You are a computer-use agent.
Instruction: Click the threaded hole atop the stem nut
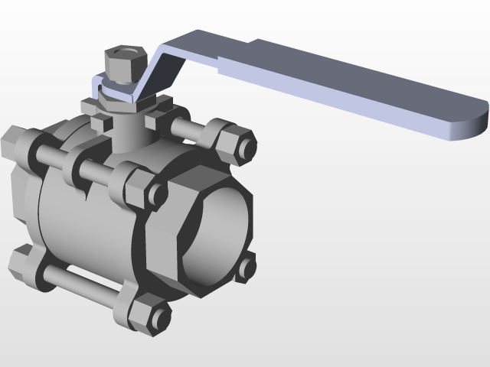123,53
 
